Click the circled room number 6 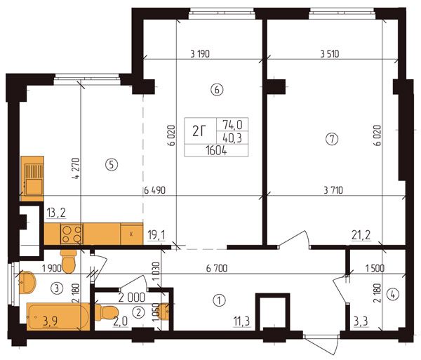tap(217, 90)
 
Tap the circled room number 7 tap(332, 140)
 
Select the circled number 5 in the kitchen tap(112, 164)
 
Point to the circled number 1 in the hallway tap(219, 300)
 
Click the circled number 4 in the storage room tap(393, 295)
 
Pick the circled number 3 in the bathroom tap(57, 288)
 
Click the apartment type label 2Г tap(199, 131)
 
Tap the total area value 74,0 tap(232, 125)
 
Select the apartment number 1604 tap(216, 151)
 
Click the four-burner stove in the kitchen tap(72, 234)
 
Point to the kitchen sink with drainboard tap(32, 178)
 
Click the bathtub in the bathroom tap(58, 316)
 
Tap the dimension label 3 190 tap(200, 54)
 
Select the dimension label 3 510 tap(330, 54)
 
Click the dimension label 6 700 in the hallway tap(217, 268)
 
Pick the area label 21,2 tap(361, 235)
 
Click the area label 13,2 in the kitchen tap(56, 213)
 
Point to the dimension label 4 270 tap(76, 168)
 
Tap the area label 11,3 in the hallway tap(241, 321)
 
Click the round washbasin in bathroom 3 tap(27, 282)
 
